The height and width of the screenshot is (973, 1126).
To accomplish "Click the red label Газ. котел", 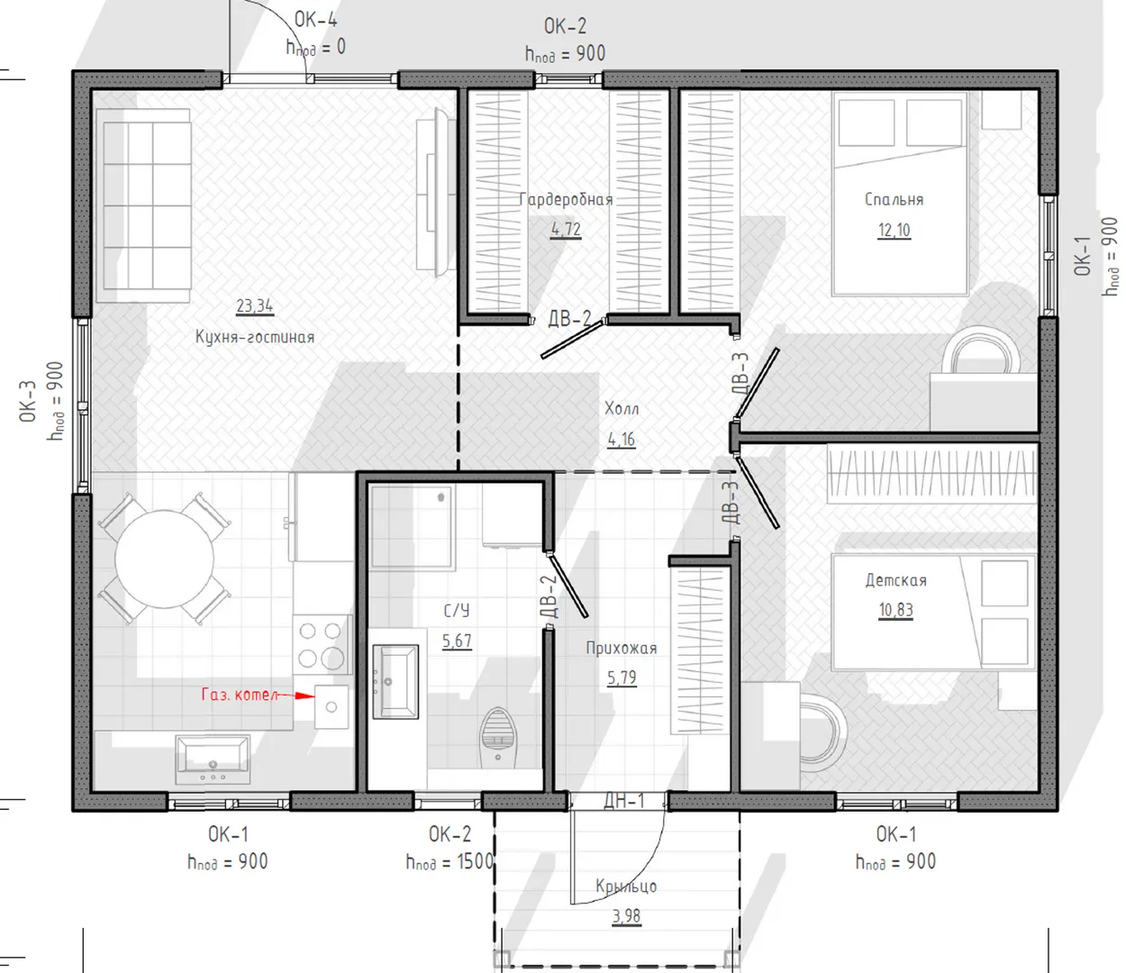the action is [x=240, y=695].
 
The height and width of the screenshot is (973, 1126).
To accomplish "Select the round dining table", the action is [x=165, y=559].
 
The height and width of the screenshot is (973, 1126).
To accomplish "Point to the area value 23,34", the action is [x=255, y=306].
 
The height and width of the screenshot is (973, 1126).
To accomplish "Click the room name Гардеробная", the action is [x=566, y=200].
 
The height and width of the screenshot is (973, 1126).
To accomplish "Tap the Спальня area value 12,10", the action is [x=894, y=231].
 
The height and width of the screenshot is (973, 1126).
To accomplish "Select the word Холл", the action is [x=622, y=409].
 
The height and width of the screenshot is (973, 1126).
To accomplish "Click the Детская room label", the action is [x=896, y=581].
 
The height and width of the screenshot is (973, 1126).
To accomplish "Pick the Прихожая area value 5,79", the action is [x=622, y=677].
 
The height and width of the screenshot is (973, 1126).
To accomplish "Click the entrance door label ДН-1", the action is [x=624, y=800].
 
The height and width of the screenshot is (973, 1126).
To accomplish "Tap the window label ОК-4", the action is [x=316, y=20].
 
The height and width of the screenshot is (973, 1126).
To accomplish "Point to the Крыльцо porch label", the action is [x=626, y=887].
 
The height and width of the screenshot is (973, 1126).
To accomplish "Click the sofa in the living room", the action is [x=144, y=205].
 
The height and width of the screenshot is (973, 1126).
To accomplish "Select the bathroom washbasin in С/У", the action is [x=395, y=682].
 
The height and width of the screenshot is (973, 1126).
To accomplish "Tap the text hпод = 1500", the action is [x=450, y=862].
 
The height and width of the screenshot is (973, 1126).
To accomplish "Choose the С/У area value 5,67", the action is [x=457, y=641].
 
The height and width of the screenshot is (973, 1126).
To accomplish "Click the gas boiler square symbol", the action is [x=331, y=706].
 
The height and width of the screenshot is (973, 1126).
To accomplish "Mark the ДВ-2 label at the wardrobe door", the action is [x=569, y=318].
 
